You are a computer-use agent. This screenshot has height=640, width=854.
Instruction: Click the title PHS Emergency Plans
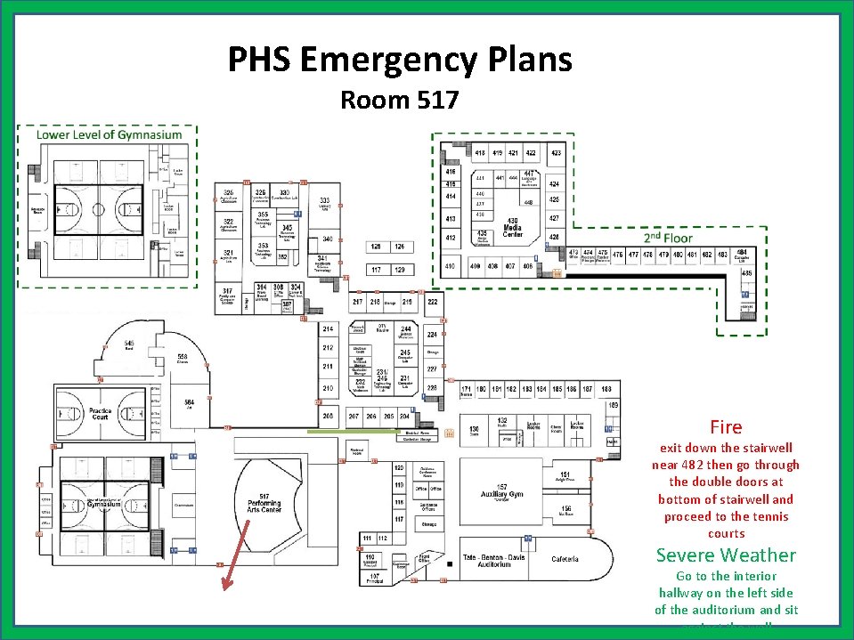click(400, 61)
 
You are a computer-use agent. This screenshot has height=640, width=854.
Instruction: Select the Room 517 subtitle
click(400, 100)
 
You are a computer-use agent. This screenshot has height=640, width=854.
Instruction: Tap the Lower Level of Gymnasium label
click(109, 135)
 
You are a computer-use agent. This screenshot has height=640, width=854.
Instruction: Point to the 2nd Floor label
click(668, 238)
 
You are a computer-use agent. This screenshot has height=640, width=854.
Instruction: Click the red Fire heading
click(726, 427)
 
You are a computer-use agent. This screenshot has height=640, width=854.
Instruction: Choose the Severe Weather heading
click(726, 555)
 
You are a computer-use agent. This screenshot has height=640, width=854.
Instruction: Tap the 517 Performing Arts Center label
click(264, 504)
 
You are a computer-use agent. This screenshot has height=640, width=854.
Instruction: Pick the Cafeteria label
click(565, 559)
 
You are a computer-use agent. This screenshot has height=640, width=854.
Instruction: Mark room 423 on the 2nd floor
click(556, 153)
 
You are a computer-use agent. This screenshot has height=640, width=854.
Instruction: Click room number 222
click(432, 303)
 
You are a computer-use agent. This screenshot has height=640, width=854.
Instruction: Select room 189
click(613, 406)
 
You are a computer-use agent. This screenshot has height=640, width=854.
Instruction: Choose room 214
click(328, 330)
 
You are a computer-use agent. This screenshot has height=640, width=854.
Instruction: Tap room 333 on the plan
click(326, 201)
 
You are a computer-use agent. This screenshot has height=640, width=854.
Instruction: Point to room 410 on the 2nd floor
click(451, 265)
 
